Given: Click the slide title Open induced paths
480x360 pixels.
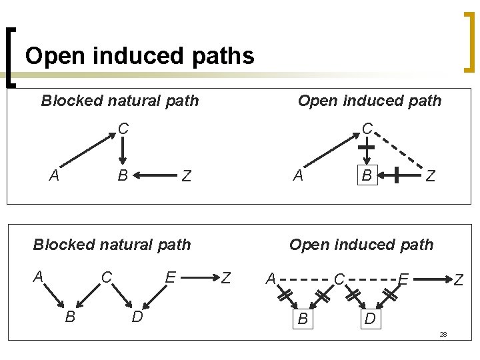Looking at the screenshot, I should coord(139,55).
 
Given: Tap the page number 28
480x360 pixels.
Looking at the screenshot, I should coord(443,333).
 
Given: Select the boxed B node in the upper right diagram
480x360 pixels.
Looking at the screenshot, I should coord(366,175).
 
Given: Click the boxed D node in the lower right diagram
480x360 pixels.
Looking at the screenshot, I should coord(370,320).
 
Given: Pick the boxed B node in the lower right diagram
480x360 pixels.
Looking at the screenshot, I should coord(303,319).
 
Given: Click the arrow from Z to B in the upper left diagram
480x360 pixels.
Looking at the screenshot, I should coord(155,176).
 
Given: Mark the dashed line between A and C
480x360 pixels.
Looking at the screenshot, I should coord(305,278).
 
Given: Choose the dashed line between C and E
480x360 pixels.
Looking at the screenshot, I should coord(371,278).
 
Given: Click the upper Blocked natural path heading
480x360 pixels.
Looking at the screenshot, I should coord(120,101).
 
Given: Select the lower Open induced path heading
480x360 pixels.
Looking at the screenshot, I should coord(361,245).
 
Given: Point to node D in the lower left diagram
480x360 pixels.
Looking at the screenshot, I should coord(137,316).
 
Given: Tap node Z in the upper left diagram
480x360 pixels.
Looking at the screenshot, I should coord(187,177).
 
